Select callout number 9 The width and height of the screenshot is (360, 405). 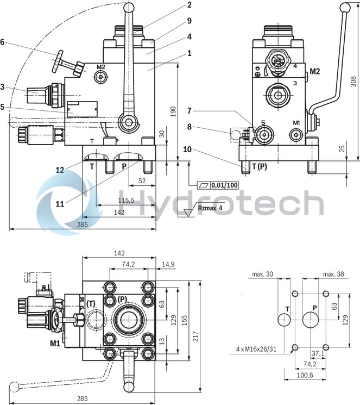point(190,21)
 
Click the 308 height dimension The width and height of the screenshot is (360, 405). point(353,82)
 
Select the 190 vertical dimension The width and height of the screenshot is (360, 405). point(173,111)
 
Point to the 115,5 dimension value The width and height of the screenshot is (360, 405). point(126,201)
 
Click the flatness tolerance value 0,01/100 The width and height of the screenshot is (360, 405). point(225,185)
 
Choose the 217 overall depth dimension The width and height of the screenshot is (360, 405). point(202,328)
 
